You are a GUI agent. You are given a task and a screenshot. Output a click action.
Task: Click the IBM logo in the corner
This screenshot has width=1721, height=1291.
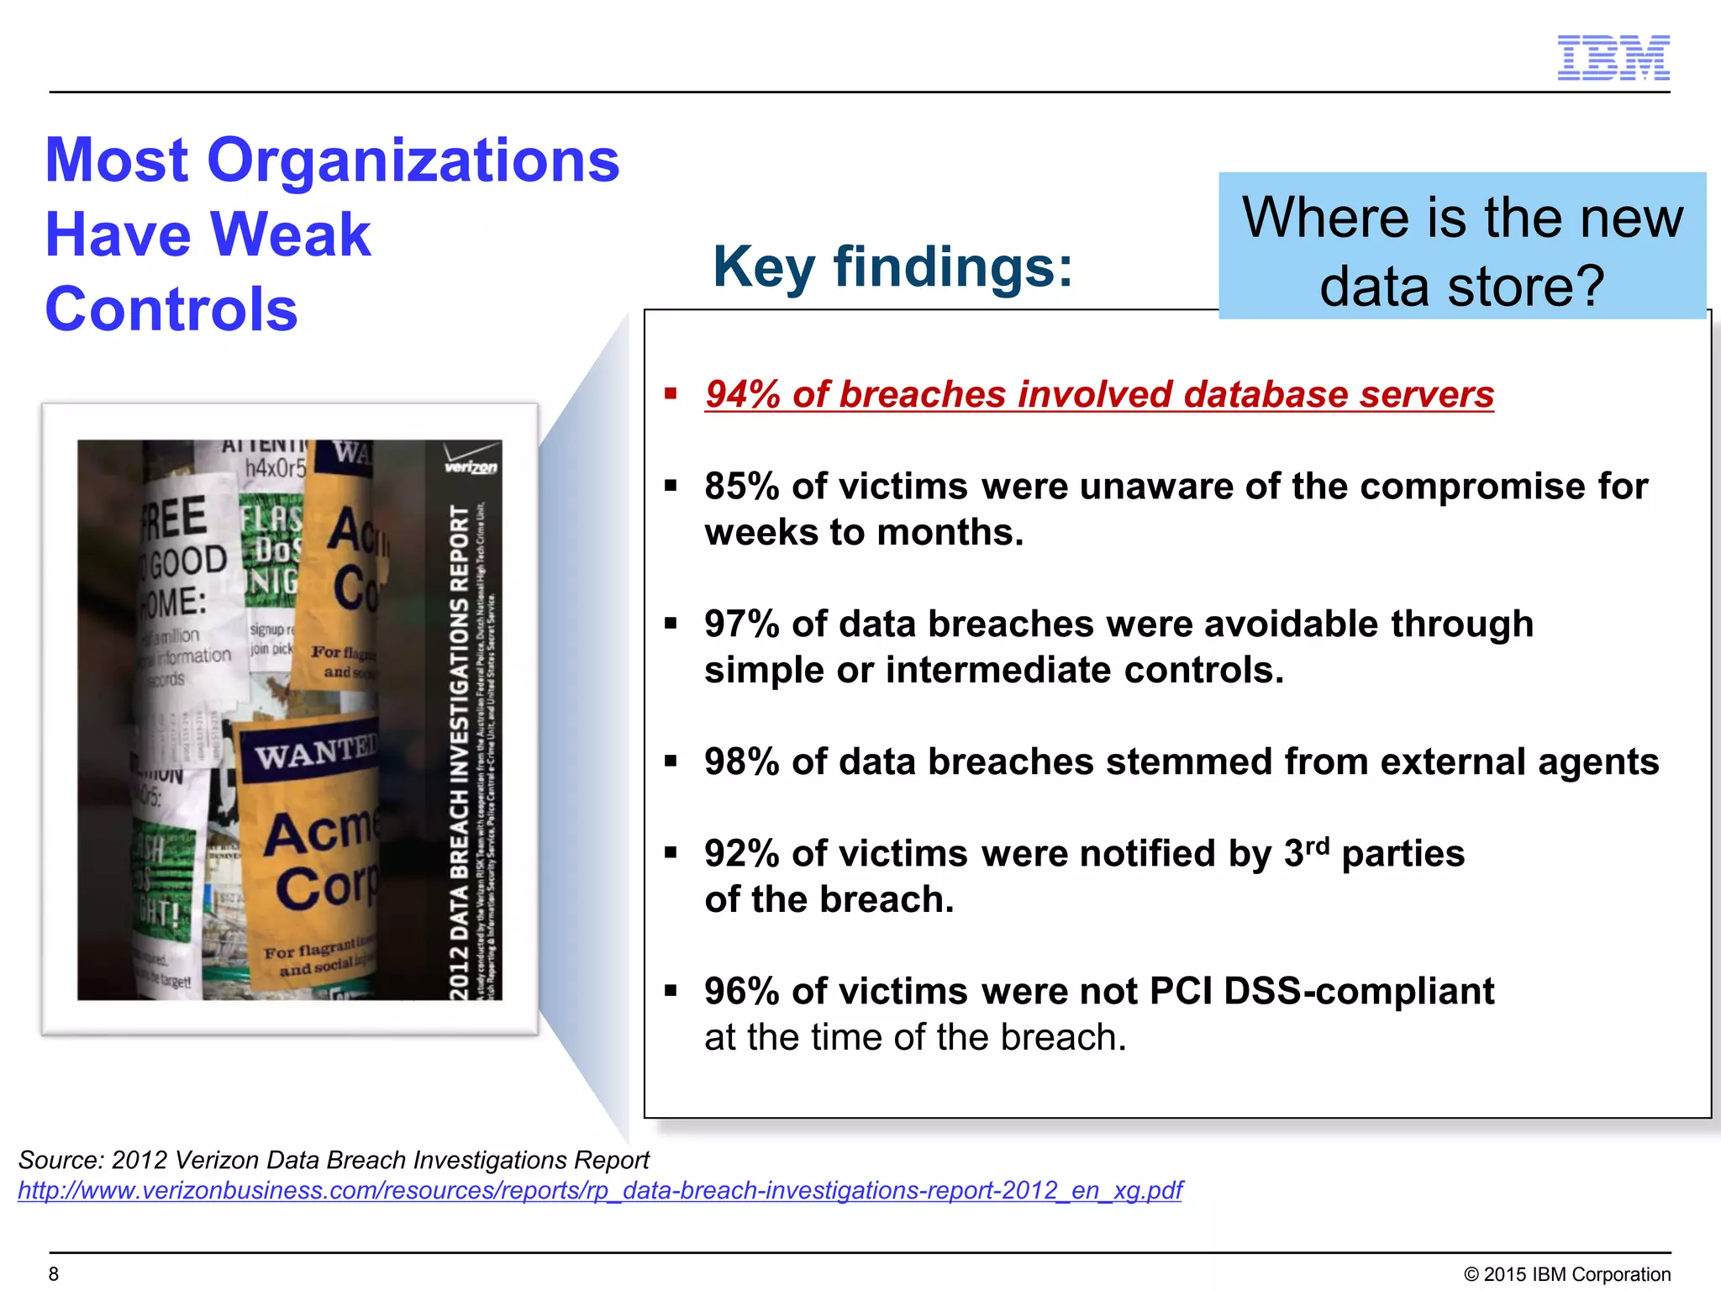[1613, 58]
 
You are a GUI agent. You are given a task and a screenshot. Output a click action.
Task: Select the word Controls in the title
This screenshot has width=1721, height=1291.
[171, 308]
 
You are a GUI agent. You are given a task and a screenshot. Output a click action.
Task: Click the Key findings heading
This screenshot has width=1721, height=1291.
[892, 266]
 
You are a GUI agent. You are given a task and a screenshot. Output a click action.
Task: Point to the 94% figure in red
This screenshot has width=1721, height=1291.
[743, 394]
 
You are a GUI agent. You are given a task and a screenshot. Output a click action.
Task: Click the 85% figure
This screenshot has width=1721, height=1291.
[742, 487]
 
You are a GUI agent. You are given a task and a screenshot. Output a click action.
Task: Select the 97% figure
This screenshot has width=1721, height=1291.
[742, 624]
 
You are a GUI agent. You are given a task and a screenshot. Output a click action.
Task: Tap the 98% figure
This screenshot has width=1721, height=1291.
[742, 762]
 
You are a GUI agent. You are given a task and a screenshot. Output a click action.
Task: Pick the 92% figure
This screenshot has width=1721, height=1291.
[742, 854]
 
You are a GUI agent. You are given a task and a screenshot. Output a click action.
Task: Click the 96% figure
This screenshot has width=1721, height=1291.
[742, 992]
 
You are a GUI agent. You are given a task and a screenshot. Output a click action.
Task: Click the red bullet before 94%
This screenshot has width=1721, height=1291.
[671, 393]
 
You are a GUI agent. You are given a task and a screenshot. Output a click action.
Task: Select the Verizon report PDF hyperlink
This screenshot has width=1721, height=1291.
[600, 1190]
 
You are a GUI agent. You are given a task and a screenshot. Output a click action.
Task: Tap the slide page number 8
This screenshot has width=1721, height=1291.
[54, 1274]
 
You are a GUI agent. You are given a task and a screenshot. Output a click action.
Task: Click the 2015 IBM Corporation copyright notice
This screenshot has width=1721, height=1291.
[1567, 1274]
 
